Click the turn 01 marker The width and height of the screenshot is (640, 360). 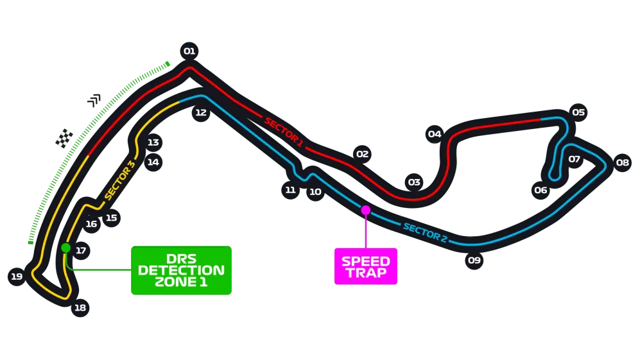click(x=189, y=51)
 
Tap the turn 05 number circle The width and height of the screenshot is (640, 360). click(x=578, y=112)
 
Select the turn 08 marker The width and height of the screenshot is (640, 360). click(x=623, y=163)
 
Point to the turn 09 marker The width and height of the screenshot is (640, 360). click(x=474, y=260)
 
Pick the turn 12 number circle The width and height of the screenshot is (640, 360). click(x=201, y=113)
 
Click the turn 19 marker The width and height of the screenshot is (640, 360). click(x=17, y=277)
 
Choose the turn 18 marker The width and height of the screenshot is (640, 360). click(x=80, y=308)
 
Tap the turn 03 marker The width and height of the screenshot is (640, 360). click(x=414, y=182)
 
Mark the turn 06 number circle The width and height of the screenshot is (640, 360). click(x=541, y=190)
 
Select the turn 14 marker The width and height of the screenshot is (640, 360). click(x=153, y=162)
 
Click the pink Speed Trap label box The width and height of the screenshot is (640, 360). click(x=366, y=266)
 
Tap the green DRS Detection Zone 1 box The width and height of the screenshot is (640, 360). click(x=181, y=270)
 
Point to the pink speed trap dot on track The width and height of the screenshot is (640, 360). click(x=366, y=210)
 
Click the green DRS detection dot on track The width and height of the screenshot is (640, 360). click(x=65, y=248)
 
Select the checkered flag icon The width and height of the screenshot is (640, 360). click(x=64, y=138)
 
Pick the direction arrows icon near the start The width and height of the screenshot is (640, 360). click(x=94, y=100)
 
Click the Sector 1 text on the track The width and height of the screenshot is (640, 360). click(x=284, y=132)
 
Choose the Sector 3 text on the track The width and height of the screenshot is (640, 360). click(x=119, y=180)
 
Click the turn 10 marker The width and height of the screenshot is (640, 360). click(x=315, y=192)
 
